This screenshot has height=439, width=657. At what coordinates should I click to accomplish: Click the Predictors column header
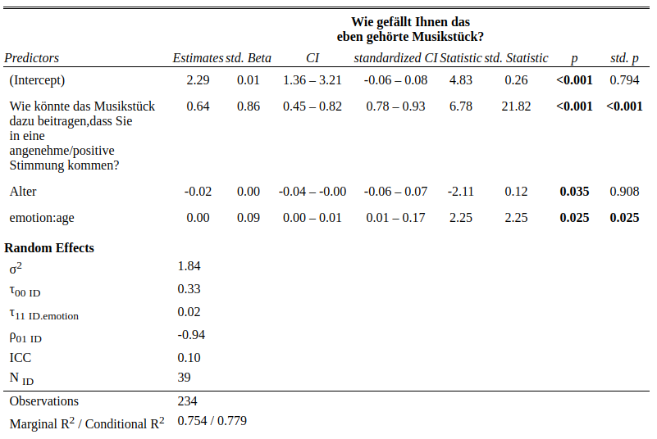[x=32, y=58]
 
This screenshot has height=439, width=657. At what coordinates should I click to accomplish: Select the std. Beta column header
[x=249, y=58]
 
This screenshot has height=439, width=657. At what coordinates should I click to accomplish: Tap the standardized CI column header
[x=395, y=58]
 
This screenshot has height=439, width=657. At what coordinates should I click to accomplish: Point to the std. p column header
[x=624, y=58]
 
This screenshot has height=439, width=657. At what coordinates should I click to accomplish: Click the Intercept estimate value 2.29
[x=198, y=80]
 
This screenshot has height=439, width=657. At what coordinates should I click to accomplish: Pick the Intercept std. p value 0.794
[x=624, y=80]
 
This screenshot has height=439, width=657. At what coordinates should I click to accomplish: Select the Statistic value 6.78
[x=461, y=106]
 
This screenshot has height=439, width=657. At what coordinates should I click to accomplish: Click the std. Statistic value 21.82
[x=516, y=106]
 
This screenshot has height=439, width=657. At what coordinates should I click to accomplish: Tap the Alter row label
[x=23, y=192]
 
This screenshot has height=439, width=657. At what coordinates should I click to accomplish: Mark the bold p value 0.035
[x=574, y=192]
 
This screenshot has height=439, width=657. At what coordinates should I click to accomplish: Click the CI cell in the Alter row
[x=312, y=192]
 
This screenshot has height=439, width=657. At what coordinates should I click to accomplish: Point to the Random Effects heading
[x=49, y=248]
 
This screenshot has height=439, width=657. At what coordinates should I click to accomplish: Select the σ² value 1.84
[x=189, y=266]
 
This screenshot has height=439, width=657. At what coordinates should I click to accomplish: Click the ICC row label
[x=21, y=358]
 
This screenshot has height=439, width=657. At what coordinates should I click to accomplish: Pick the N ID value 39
[x=185, y=378]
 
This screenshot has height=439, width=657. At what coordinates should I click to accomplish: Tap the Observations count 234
[x=188, y=401]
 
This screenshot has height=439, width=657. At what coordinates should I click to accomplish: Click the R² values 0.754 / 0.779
[x=212, y=421]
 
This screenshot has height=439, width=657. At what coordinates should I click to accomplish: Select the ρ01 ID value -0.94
[x=191, y=335]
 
